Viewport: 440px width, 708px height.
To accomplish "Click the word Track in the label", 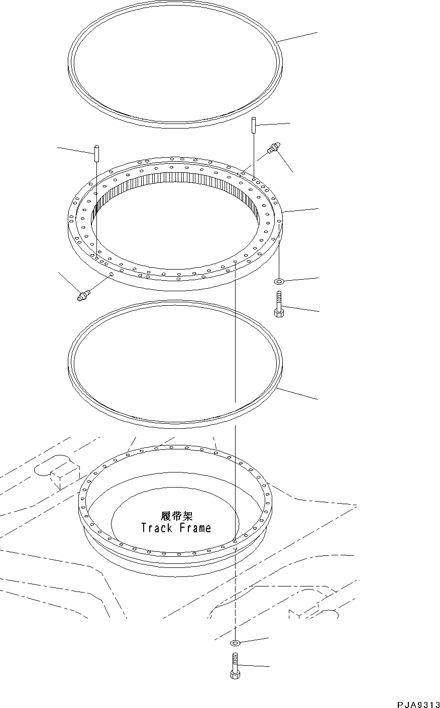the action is [x=157, y=528].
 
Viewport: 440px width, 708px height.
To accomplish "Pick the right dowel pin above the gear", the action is [x=254, y=125].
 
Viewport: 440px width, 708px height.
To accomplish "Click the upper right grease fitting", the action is [x=273, y=148].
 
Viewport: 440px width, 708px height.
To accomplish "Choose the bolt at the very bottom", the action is [x=235, y=665].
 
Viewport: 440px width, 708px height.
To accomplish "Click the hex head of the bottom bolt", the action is [x=235, y=674].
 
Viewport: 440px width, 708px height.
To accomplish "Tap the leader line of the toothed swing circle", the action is [x=301, y=210].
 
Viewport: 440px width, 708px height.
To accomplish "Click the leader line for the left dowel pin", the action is [x=75, y=150].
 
